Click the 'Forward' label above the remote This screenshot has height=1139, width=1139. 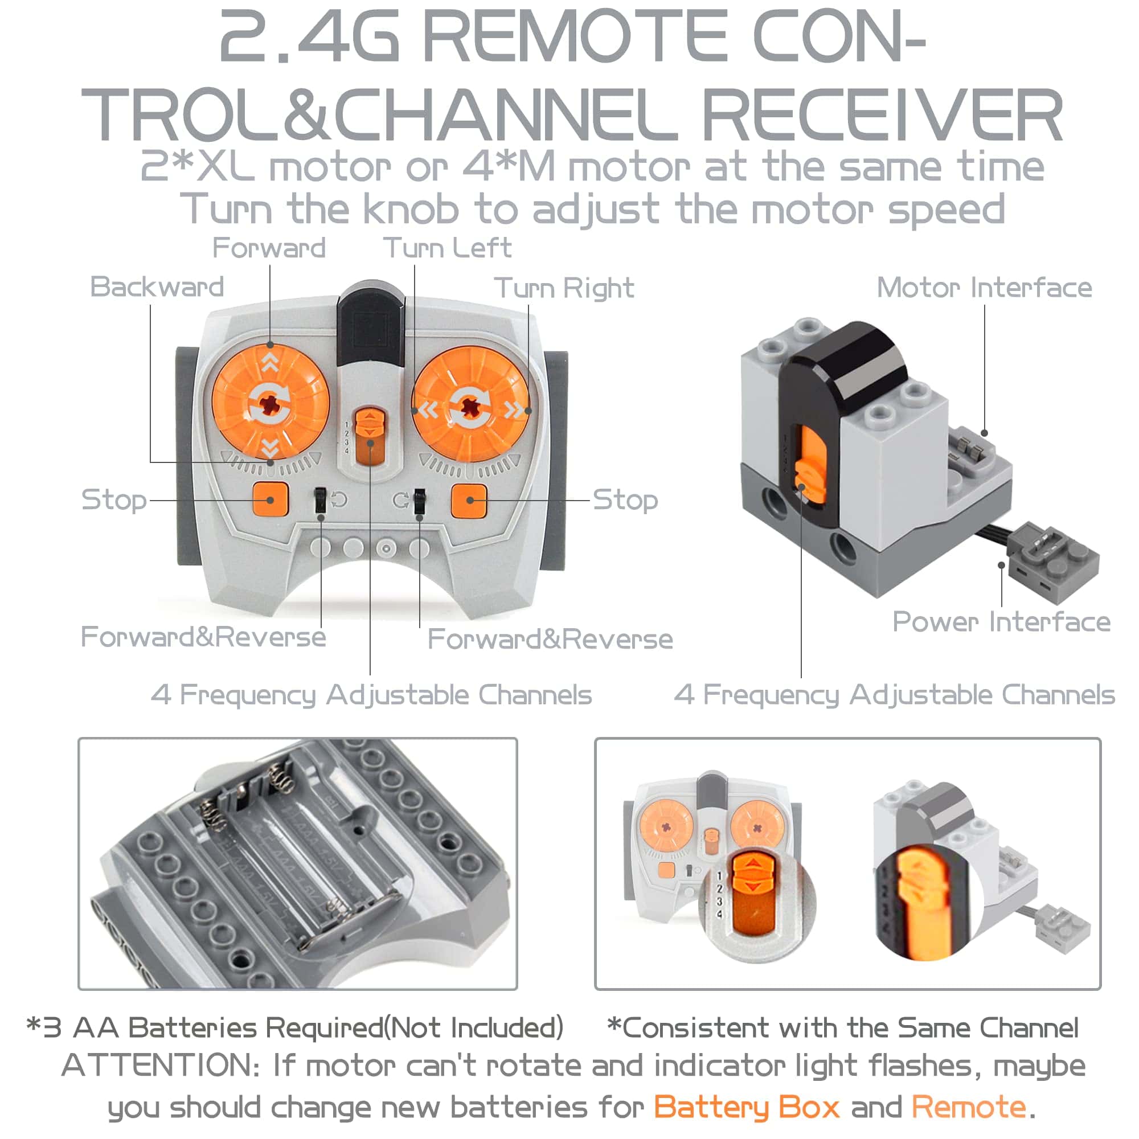269,248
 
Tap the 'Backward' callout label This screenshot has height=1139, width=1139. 157,287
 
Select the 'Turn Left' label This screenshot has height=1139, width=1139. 448,248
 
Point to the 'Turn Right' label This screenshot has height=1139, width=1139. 564,288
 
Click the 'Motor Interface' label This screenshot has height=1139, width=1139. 985,288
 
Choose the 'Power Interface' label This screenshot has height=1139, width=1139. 1002,622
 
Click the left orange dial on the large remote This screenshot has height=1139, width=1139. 270,403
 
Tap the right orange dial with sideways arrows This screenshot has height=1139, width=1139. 470,405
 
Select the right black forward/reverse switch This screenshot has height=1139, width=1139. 419,501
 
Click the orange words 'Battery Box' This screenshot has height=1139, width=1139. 747,1107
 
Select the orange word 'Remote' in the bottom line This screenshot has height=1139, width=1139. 969,1107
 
